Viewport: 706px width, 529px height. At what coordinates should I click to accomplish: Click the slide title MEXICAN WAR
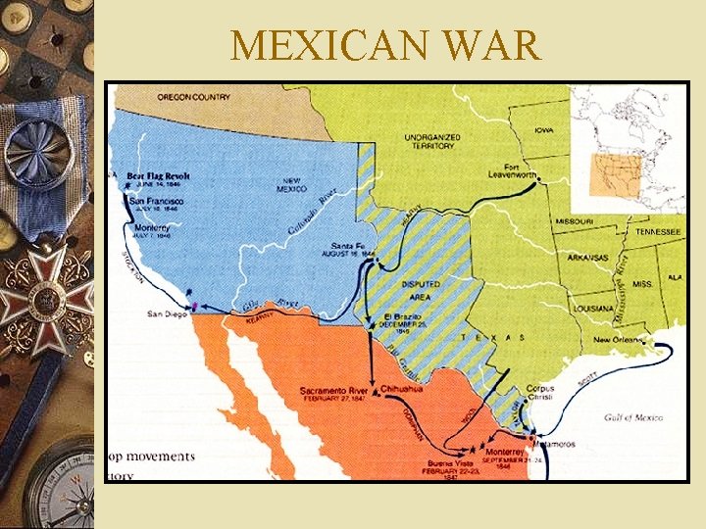click(x=384, y=45)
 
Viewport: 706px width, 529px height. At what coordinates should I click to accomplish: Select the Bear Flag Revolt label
click(x=158, y=176)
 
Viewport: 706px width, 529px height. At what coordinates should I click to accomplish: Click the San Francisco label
click(x=157, y=201)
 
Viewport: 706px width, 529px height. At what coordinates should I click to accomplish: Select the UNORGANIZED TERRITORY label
click(x=429, y=141)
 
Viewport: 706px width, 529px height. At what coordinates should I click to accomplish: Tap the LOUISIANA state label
click(x=593, y=307)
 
